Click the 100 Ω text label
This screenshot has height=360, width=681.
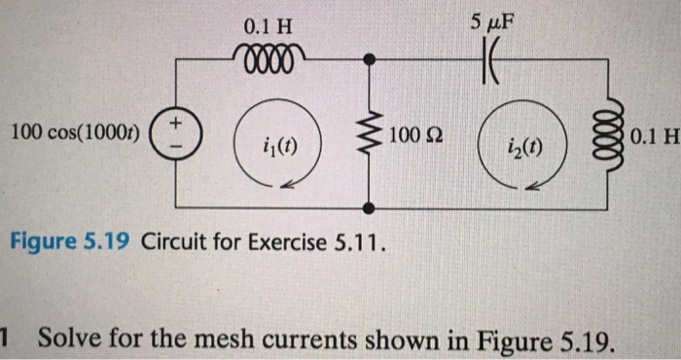click(415, 132)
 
